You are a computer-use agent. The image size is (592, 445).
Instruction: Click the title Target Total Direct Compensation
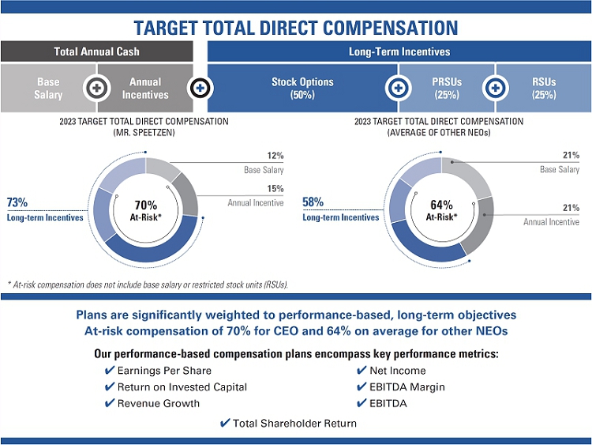point(295,28)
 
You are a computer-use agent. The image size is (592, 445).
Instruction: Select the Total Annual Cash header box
point(96,51)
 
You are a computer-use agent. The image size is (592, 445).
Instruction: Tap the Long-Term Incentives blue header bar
point(399,51)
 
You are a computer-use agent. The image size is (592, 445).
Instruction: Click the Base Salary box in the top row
point(48,88)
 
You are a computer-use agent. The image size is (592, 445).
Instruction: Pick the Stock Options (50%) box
point(302,88)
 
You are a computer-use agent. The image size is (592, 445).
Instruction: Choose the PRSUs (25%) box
point(446,88)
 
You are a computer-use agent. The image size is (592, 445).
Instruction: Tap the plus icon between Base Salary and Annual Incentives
point(96,88)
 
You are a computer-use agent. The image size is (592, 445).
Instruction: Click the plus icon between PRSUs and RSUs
point(495,88)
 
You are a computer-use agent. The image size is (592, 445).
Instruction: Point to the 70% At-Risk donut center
point(145,209)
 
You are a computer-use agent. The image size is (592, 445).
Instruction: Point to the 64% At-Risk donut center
point(441,209)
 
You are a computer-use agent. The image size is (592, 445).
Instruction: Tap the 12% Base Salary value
point(275,156)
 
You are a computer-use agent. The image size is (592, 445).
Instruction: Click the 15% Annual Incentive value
point(275,189)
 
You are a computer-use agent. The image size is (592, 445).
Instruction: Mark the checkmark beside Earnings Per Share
point(110,371)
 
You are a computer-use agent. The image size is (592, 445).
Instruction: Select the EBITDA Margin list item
point(407,387)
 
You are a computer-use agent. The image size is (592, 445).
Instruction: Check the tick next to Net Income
point(362,371)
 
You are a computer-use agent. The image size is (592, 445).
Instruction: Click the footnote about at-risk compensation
point(147,284)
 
